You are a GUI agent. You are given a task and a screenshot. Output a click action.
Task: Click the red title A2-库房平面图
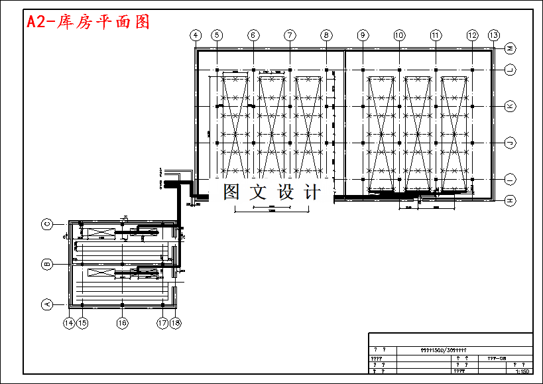pyautogui.click(x=88, y=22)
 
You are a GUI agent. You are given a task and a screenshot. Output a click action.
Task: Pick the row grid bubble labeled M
pyautogui.click(x=511, y=48)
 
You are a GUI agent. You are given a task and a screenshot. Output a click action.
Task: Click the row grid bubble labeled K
pyautogui.click(x=511, y=106)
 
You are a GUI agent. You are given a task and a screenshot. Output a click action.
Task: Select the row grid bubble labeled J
pyautogui.click(x=511, y=143)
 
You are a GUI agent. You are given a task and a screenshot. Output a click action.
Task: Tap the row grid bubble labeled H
pyautogui.click(x=511, y=200)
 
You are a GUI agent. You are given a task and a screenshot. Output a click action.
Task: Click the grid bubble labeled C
pyautogui.click(x=47, y=224)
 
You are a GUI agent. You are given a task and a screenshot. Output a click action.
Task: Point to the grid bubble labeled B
pyautogui.click(x=47, y=265)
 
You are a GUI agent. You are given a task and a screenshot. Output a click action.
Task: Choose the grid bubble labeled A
pyautogui.click(x=47, y=304)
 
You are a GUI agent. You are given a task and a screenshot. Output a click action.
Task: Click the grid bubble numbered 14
pyautogui.click(x=68, y=323)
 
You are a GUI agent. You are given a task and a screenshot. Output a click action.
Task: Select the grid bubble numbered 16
pyautogui.click(x=122, y=323)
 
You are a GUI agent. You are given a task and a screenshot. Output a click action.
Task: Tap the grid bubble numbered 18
pyautogui.click(x=175, y=323)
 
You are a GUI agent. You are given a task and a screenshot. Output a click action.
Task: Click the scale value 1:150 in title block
pyautogui.click(x=522, y=371)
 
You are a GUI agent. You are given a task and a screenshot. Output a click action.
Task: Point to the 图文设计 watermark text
pyautogui.click(x=272, y=192)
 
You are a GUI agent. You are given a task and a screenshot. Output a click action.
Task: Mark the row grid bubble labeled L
pyautogui.click(x=511, y=69)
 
